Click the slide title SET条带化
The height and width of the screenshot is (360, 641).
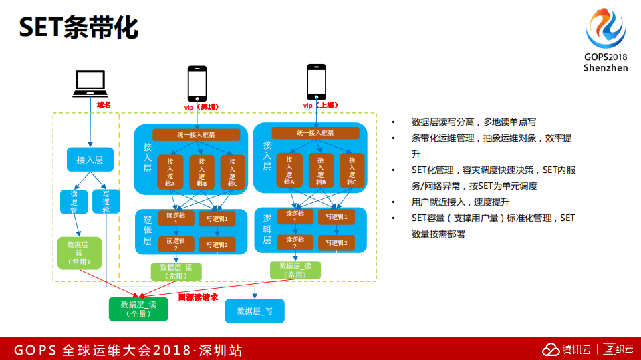[x=78, y=28]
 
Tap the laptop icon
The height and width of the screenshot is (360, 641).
[x=90, y=83]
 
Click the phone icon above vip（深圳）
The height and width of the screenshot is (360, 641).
[x=197, y=83]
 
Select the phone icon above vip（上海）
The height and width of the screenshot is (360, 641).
[x=316, y=81]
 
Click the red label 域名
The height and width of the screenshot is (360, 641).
[x=103, y=105]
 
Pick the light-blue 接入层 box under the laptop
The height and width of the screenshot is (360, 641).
[x=90, y=160]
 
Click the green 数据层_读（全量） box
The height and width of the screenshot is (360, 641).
[x=138, y=308]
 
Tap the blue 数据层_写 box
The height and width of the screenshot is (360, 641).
[x=255, y=311]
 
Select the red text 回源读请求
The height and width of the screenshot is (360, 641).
[x=198, y=297]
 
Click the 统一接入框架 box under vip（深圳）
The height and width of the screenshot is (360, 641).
[x=196, y=134]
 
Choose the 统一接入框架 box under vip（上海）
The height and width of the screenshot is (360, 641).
[x=315, y=133]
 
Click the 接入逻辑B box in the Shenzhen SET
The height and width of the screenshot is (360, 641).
[x=201, y=172]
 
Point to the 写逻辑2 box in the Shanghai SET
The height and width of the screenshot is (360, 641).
[x=336, y=243]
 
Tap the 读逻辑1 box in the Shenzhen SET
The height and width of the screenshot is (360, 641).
[x=176, y=218]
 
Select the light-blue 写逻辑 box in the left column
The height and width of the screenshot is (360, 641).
[x=106, y=201]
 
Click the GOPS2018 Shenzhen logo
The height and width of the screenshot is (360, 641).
[x=606, y=40]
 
